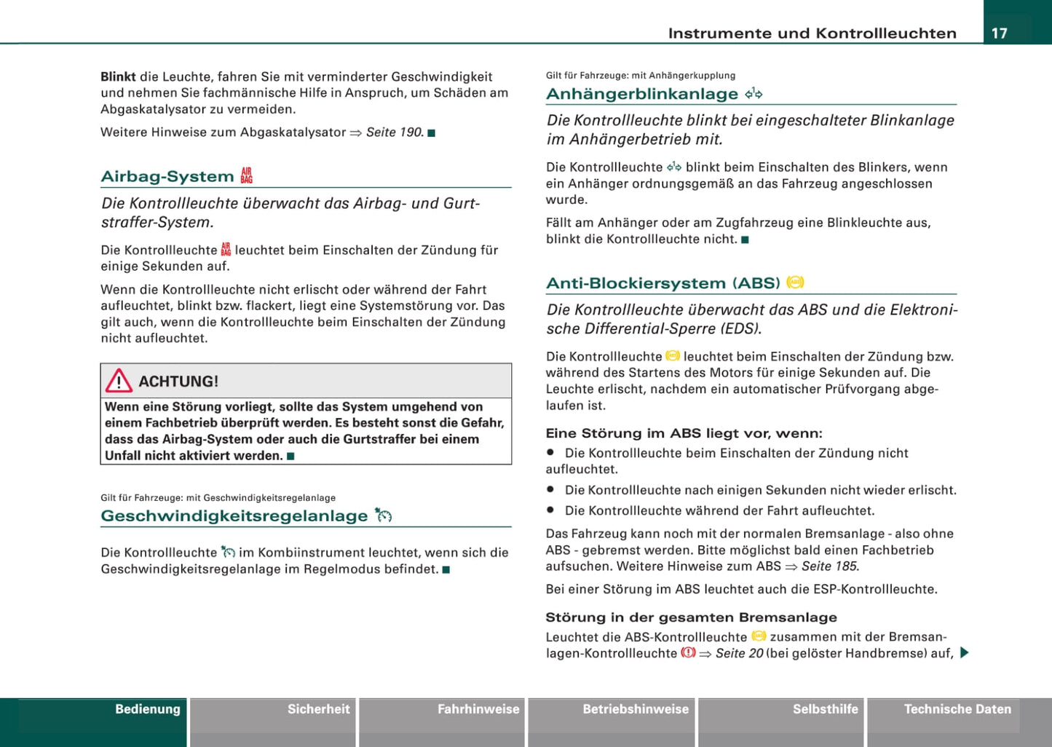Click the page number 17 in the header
[x=1000, y=33]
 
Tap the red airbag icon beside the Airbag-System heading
[x=247, y=175]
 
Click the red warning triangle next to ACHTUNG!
[x=119, y=381]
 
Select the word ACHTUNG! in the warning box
[x=178, y=382]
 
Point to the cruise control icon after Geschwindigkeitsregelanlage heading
[x=384, y=515]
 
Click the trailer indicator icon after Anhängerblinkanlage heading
[x=754, y=93]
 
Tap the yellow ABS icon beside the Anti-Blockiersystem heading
[x=795, y=282]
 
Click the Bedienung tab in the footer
[x=147, y=709]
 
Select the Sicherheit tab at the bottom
[x=318, y=709]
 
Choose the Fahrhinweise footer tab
[x=478, y=709]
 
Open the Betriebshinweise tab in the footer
[x=636, y=709]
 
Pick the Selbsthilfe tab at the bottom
[x=825, y=709]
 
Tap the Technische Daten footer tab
[x=957, y=709]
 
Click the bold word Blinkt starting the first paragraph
[x=118, y=76]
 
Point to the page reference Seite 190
[x=394, y=133]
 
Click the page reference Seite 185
[x=830, y=566]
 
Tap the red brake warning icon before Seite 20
[x=688, y=653]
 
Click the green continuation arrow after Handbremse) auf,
[x=964, y=652]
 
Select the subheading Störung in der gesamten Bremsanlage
[x=691, y=617]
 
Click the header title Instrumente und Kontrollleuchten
[x=812, y=33]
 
